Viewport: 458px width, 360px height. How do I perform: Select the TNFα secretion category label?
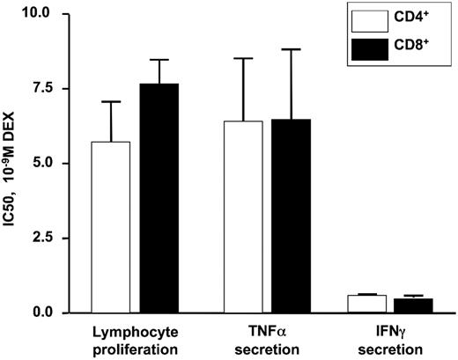coord(262,341)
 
